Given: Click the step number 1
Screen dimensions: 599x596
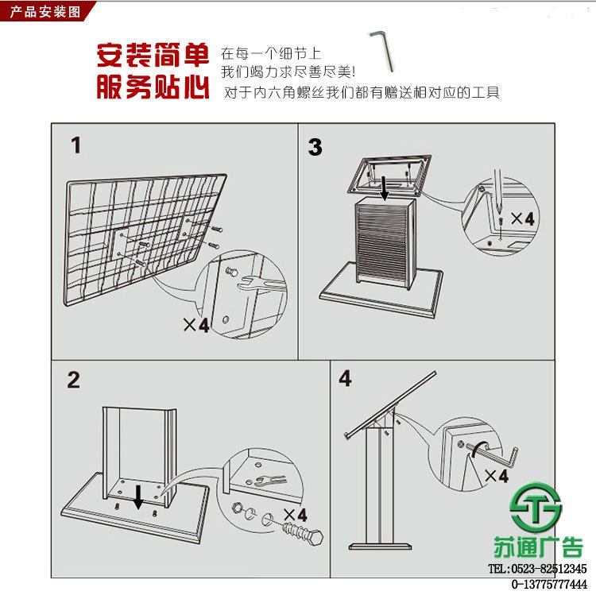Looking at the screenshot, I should pos(75,145).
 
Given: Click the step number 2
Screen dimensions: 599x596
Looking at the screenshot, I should pos(73,380).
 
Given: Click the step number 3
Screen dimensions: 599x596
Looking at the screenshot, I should pos(315,147).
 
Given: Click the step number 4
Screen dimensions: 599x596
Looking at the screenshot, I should pos(345,378).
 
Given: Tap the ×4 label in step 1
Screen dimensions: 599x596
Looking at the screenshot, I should pos(195,325).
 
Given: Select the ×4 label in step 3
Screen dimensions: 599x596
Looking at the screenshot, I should pos(522,217).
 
